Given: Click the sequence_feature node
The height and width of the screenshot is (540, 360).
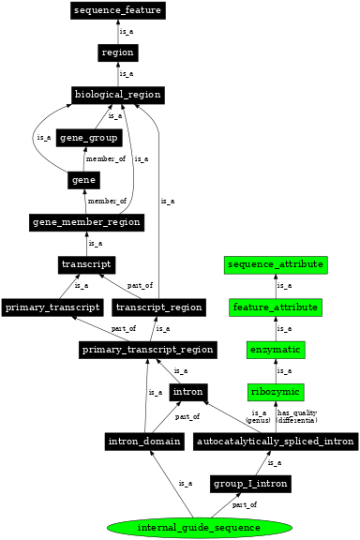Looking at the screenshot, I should (118, 10).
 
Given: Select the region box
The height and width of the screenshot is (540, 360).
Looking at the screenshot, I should (118, 52).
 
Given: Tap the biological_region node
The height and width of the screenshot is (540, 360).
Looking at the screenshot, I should (118, 95).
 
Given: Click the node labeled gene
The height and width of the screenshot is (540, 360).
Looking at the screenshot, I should (83, 180).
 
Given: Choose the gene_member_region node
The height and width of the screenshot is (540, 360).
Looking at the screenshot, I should (85, 222).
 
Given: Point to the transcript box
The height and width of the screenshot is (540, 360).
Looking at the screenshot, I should (87, 264).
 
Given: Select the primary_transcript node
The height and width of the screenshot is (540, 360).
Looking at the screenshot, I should (52, 307).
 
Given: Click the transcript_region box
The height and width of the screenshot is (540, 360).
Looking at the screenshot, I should (157, 307).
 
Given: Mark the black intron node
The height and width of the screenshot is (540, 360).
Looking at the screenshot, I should (187, 391).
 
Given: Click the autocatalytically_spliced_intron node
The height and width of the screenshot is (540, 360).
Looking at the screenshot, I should (275, 441).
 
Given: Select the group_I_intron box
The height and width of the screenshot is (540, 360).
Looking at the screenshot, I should (249, 483).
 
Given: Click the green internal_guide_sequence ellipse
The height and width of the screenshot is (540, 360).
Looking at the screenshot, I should (198, 527).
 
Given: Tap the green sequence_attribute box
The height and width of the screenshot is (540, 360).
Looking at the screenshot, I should (276, 264).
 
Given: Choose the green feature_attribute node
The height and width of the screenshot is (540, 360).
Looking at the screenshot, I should (276, 307).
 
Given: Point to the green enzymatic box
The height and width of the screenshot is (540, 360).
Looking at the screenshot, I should (276, 349).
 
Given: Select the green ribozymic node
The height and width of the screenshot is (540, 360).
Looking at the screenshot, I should (276, 391).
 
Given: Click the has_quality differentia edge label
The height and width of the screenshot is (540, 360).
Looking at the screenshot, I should (296, 415).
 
